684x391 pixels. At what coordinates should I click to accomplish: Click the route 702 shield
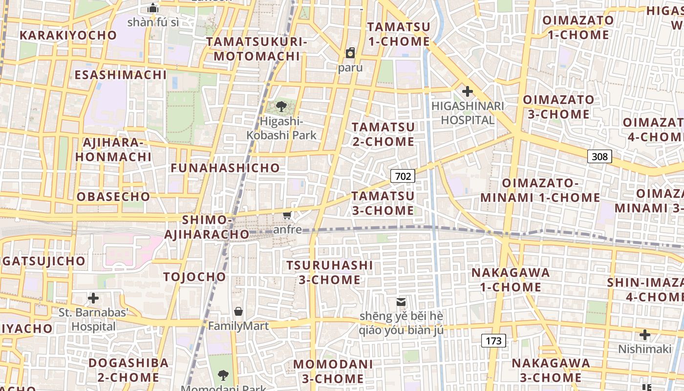(x=403, y=176)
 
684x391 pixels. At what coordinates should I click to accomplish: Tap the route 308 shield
(x=599, y=156)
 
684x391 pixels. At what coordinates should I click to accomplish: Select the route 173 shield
(x=493, y=341)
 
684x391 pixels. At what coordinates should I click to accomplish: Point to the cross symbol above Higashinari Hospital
(x=468, y=91)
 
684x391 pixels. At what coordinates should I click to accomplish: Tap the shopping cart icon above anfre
(x=287, y=215)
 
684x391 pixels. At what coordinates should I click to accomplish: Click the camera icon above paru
(x=350, y=52)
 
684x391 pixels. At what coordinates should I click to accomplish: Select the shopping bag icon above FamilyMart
(x=238, y=311)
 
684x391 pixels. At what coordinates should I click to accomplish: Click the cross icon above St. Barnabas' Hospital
(x=93, y=298)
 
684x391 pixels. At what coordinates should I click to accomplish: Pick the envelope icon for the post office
(x=401, y=302)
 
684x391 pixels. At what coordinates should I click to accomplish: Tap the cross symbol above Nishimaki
(x=645, y=335)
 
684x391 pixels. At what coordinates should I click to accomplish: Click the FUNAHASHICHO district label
(x=225, y=168)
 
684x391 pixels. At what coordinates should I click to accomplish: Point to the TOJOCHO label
(x=195, y=277)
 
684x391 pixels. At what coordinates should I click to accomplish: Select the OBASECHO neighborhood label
(x=113, y=197)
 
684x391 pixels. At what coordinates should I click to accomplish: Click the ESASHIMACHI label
(x=121, y=75)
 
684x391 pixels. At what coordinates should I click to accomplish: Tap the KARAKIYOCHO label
(x=68, y=35)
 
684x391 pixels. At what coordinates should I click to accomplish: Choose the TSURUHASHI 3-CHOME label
(x=330, y=272)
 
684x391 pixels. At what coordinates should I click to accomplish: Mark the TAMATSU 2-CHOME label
(x=383, y=134)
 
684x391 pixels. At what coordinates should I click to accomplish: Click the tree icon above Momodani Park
(x=223, y=375)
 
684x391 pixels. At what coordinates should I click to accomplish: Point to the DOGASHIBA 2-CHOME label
(x=128, y=370)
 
